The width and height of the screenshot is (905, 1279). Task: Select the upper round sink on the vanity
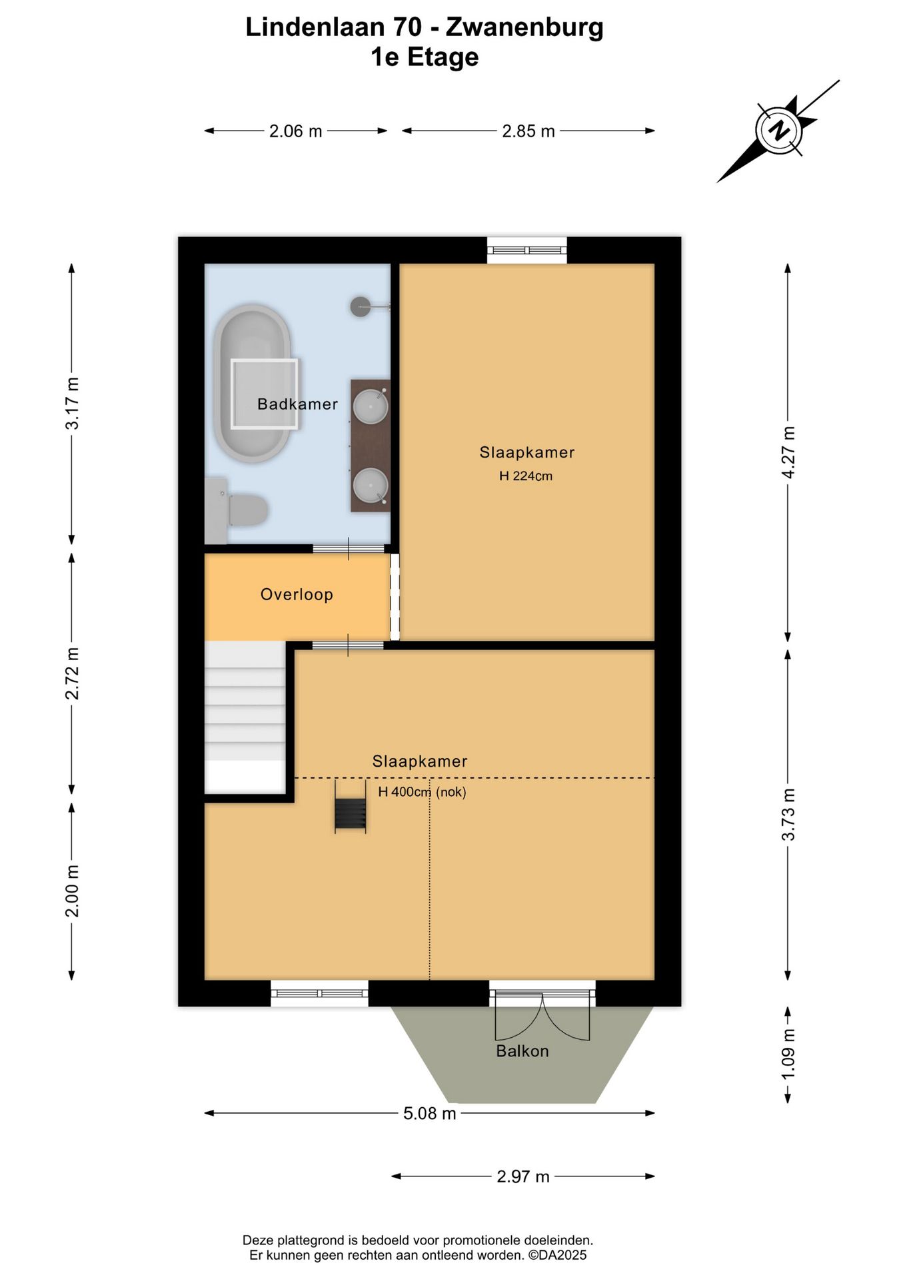[371, 406]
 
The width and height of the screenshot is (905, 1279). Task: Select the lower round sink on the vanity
[371, 485]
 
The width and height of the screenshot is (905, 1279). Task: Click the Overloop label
[297, 594]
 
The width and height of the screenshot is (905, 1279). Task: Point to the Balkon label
[522, 1051]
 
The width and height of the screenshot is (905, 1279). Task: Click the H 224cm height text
[526, 476]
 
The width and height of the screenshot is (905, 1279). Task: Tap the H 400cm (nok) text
[422, 791]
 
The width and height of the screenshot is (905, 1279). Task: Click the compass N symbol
[778, 130]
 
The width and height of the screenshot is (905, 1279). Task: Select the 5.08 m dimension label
[430, 1113]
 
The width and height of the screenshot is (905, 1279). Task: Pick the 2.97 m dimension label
[523, 1176]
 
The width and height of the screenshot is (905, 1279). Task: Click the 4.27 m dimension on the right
[788, 452]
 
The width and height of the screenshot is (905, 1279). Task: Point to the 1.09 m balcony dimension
[788, 1055]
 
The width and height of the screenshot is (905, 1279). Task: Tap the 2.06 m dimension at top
[295, 131]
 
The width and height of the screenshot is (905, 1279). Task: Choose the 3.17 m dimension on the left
[72, 403]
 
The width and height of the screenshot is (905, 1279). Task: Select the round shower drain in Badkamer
[361, 306]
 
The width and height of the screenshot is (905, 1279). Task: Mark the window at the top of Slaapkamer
[526, 250]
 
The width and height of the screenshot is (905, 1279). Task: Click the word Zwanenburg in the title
[524, 27]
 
